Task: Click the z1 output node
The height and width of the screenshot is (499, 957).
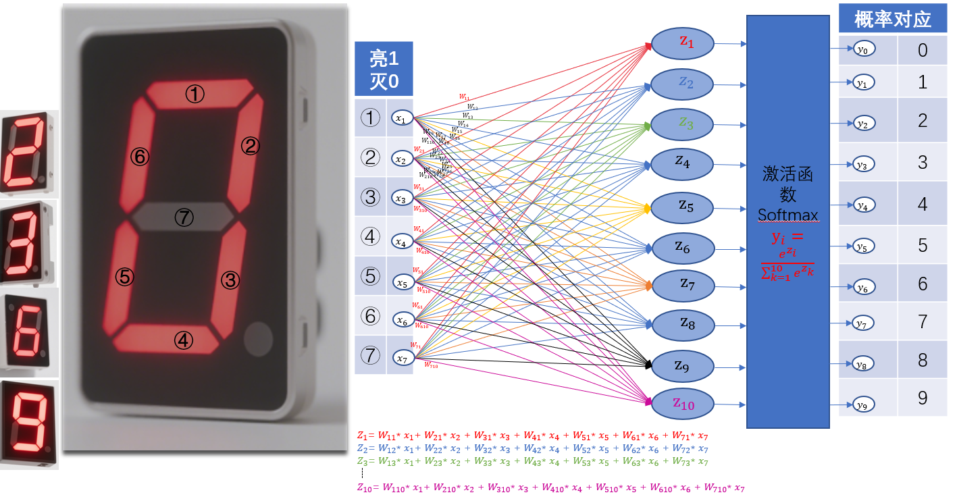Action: pos(683,43)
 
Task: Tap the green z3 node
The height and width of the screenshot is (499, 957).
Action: pos(683,124)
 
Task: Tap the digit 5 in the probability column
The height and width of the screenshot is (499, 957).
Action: pos(923,245)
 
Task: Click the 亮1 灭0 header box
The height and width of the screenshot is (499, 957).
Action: pos(384,70)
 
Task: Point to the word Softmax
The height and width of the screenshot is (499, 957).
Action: pos(787,215)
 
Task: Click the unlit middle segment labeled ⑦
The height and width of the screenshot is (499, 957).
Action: pos(184,216)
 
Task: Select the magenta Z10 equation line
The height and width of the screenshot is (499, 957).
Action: pos(550,488)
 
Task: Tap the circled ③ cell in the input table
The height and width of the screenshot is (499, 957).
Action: pos(370,197)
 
